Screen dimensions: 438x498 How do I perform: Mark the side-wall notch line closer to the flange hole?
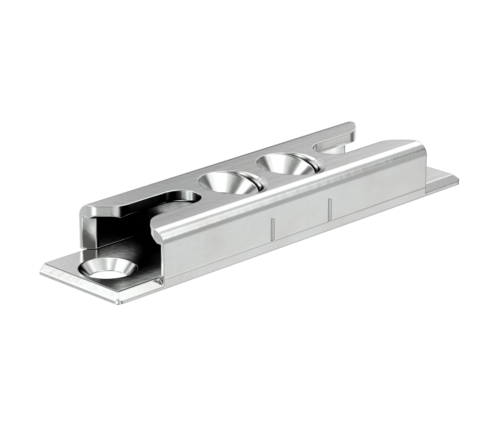[x=272, y=228]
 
